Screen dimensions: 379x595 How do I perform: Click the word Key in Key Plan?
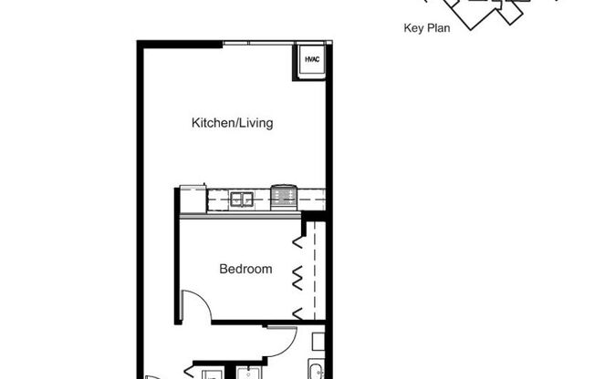pyautogui.click(x=413, y=28)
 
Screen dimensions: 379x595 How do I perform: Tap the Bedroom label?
pyautogui.click(x=245, y=270)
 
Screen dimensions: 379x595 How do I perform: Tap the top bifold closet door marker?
pyautogui.click(x=297, y=241)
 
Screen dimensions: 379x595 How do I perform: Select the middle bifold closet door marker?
pyautogui.click(x=297, y=276)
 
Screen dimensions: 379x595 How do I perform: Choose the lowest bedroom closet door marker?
pyautogui.click(x=297, y=312)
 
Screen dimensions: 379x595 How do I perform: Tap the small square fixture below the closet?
pyautogui.click(x=317, y=343)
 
